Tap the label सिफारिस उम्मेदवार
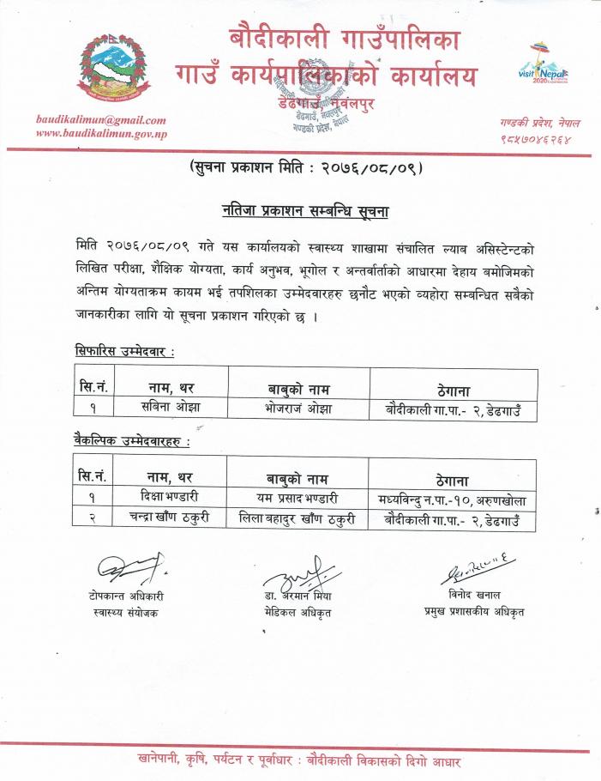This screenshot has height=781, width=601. click(124, 353)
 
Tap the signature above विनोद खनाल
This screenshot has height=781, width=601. click(473, 569)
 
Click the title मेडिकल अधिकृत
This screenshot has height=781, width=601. click(297, 612)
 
